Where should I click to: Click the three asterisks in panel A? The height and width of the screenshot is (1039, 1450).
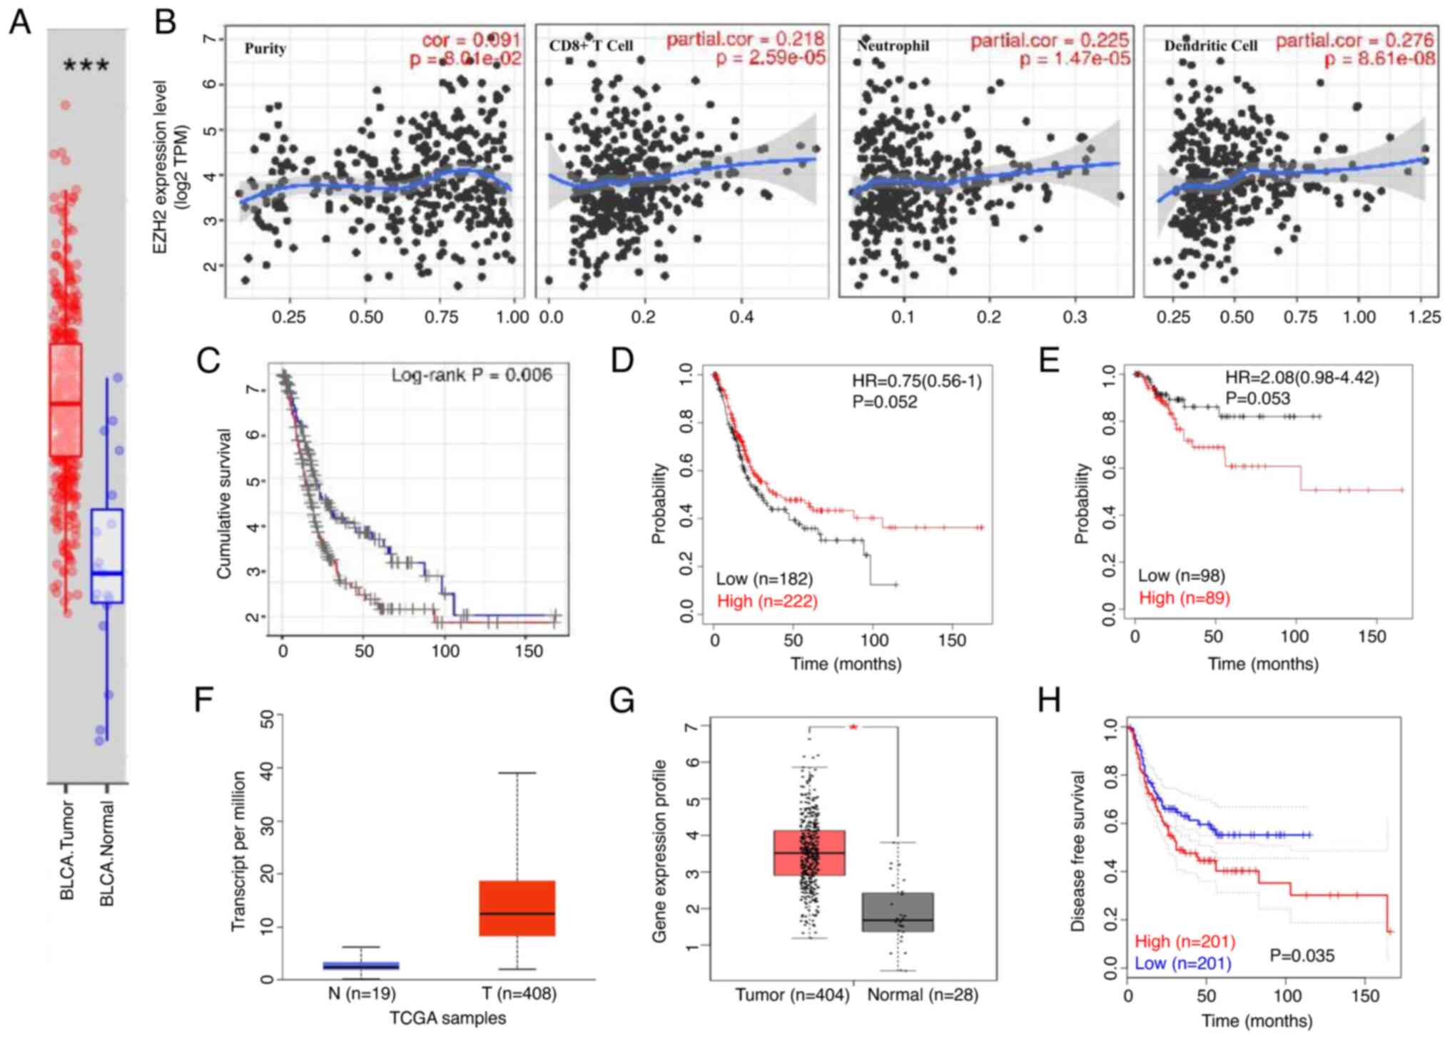pos(86,66)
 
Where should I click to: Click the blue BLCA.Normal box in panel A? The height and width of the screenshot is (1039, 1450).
pos(107,556)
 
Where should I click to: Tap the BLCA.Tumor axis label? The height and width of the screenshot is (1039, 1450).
pos(67,850)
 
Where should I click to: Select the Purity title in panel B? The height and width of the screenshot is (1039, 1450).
pos(265,49)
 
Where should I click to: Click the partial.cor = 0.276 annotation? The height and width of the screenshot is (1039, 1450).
pos(1354,41)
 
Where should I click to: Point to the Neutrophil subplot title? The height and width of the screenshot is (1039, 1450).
pos(893,46)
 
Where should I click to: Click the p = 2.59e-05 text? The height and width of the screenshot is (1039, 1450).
pos(771,58)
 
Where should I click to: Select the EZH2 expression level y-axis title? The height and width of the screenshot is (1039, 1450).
pos(171,166)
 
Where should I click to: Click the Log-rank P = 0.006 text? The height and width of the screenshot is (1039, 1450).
pos(472,375)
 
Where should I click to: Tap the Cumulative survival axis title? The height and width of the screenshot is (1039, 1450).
pos(224,504)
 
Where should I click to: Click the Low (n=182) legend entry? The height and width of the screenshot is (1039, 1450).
pos(764,579)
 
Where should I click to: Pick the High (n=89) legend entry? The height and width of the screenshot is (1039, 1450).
pos(1185,598)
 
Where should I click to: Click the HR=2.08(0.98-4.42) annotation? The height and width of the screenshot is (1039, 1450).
pos(1302,377)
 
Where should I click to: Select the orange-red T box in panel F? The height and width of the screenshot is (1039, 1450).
pos(517,908)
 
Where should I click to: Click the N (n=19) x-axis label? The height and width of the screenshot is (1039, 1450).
pos(362,993)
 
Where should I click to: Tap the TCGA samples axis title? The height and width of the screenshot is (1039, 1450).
pos(447,1018)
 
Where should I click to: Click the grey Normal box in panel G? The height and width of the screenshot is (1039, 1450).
pos(898,912)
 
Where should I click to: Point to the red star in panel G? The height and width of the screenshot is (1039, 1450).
pos(853,727)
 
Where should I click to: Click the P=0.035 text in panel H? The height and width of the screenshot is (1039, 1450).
pos(1302,956)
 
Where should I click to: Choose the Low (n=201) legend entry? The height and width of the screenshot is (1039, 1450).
pos(1183,964)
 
